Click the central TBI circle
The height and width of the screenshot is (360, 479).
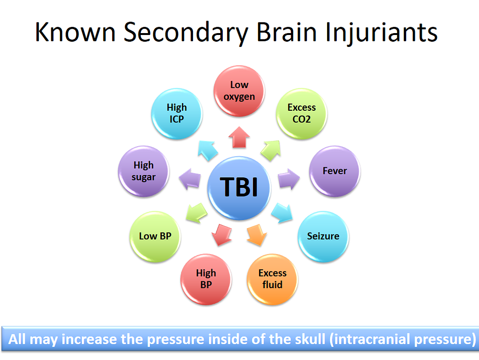tap(239, 187)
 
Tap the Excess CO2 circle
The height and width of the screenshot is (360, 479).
tap(301, 114)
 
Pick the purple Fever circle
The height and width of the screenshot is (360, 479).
tap(334, 171)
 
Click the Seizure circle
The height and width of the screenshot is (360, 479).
tap(323, 236)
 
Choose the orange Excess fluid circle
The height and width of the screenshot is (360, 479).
tap(272, 279)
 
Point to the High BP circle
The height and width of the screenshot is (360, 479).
tap(206, 279)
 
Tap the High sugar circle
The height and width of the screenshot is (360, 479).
tap(143, 171)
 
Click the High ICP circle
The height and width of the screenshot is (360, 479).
tap(177, 114)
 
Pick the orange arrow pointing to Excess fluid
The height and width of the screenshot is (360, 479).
tap(255, 235)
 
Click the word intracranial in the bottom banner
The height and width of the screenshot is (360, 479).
tap(369, 339)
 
